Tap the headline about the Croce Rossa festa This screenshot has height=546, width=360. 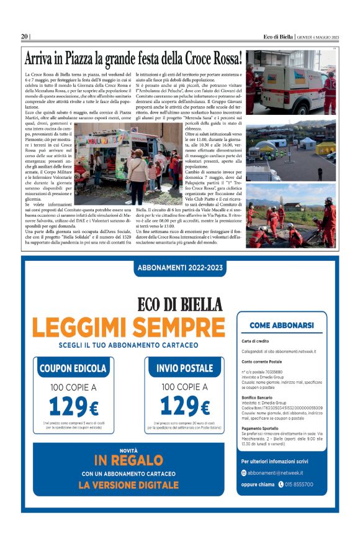click(x=133, y=59)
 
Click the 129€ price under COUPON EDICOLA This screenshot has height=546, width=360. click(x=73, y=407)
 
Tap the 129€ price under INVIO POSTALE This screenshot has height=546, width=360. click(x=184, y=407)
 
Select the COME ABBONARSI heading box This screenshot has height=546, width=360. click(x=281, y=325)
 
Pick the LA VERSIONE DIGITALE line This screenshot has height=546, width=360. click(x=128, y=485)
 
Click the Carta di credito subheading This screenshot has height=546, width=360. click(x=256, y=341)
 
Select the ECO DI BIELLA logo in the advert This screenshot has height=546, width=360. click(x=179, y=304)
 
